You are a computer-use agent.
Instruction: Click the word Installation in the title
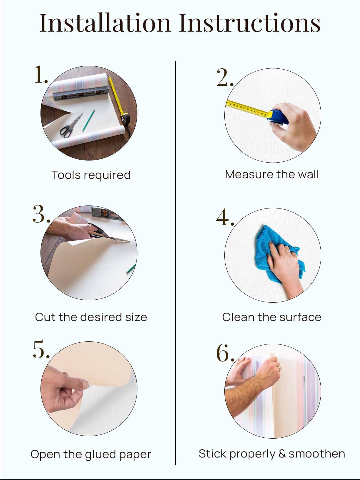pyautogui.click(x=105, y=23)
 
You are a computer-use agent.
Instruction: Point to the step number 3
pyautogui.click(x=41, y=214)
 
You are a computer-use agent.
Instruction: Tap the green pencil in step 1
pyautogui.click(x=88, y=120)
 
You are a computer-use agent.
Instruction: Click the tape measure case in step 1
pyautogui.click(x=125, y=119)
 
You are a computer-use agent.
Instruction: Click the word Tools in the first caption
pyautogui.click(x=66, y=175)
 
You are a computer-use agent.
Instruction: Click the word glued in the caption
pyautogui.click(x=101, y=454)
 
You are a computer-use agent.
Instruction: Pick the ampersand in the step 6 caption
pyautogui.click(x=282, y=454)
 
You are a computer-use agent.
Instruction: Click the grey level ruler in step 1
pyautogui.click(x=81, y=93)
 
